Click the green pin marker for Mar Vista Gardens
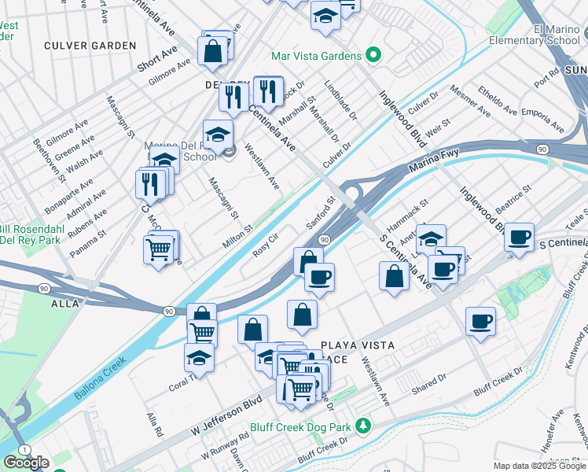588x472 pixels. coord(373,56)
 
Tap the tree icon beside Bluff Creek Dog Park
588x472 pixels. coord(362,426)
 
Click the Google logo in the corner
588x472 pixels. coord(26,463)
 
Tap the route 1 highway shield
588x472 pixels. coord(25,448)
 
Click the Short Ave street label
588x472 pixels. coord(157,58)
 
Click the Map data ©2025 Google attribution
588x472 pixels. coord(538,466)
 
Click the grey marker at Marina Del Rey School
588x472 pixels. coord(229,152)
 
